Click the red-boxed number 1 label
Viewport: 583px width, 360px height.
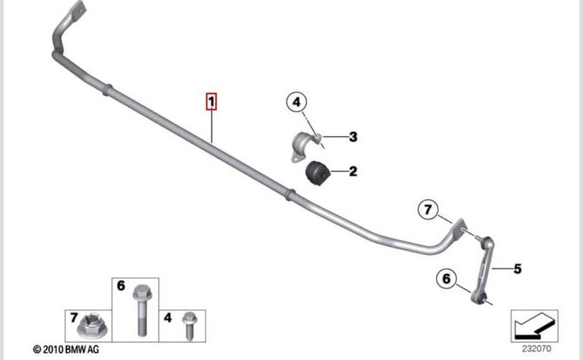click(x=211, y=102)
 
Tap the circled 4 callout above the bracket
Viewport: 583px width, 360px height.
click(x=295, y=103)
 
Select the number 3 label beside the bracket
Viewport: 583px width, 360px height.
click(x=353, y=137)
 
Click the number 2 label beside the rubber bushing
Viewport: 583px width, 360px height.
click(x=353, y=171)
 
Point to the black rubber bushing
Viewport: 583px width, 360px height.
click(x=317, y=173)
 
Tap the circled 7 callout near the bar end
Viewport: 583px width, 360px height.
click(x=428, y=210)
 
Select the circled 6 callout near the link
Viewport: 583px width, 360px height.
click(x=446, y=278)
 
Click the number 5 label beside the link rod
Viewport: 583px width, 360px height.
click(x=517, y=269)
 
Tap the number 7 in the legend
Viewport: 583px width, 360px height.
click(x=73, y=317)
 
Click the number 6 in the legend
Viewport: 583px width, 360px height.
click(x=121, y=286)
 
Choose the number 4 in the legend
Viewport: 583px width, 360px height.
click(x=167, y=317)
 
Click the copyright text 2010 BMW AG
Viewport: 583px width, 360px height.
click(x=66, y=349)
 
